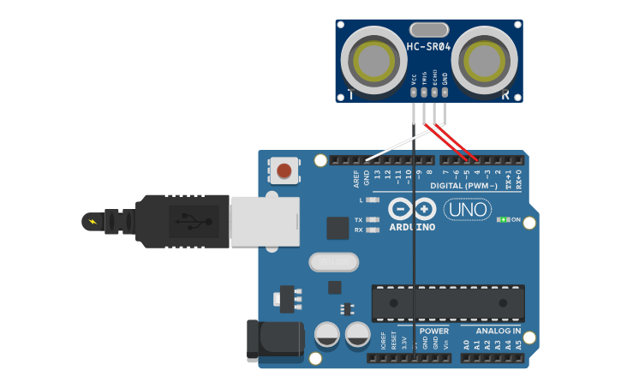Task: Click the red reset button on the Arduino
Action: click(284, 171)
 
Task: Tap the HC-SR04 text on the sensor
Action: click(428, 47)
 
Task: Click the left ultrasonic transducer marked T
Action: click(373, 62)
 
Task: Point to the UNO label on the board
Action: click(467, 209)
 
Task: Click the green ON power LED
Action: click(503, 220)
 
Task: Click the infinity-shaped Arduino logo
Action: click(412, 208)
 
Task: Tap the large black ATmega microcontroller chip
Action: click(447, 303)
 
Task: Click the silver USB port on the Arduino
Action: click(265, 222)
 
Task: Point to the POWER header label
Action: click(434, 331)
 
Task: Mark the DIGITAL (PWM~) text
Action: click(463, 186)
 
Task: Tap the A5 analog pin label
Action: click(518, 344)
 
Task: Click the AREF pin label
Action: click(356, 178)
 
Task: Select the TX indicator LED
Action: click(372, 220)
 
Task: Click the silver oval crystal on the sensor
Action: click(428, 30)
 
